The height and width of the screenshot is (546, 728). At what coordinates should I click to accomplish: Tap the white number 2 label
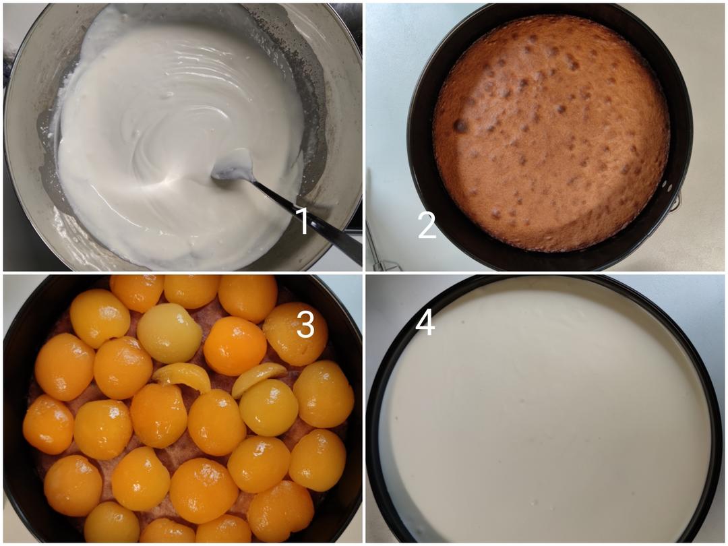(427, 224)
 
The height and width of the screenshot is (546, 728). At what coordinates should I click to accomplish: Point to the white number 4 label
(425, 322)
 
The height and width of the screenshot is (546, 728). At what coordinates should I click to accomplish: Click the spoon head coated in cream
(232, 166)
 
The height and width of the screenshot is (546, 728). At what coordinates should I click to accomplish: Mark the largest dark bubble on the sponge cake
(461, 125)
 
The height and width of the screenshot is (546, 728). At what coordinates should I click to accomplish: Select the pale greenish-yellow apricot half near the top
(169, 333)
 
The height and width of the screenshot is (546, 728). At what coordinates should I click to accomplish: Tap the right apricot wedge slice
(258, 377)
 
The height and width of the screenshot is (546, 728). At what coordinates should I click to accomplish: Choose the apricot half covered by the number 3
(295, 334)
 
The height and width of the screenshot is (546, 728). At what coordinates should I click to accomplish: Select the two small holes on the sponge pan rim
(667, 186)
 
